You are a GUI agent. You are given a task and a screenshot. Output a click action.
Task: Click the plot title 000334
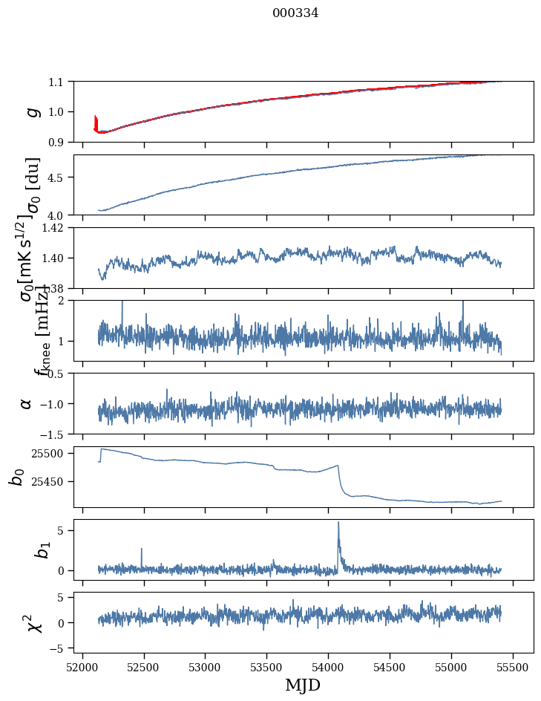pyautogui.click(x=295, y=13)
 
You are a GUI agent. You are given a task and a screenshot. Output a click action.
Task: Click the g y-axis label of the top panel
pyautogui.click(x=31, y=111)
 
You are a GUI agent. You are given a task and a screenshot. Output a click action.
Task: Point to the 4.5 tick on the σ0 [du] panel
pyautogui.click(x=59, y=177)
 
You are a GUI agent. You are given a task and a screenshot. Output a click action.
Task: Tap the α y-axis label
pyautogui.click(x=27, y=403)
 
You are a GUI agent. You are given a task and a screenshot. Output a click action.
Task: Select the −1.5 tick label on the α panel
pyautogui.click(x=56, y=434)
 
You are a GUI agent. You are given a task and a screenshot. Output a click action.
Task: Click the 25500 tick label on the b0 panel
pyautogui.click(x=51, y=453)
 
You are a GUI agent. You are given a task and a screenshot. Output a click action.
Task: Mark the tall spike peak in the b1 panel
pyautogui.click(x=338, y=522)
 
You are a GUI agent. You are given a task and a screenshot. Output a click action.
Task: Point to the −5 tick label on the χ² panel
pyautogui.click(x=59, y=648)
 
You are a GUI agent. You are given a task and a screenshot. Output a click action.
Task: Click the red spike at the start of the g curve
pyautogui.click(x=96, y=119)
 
